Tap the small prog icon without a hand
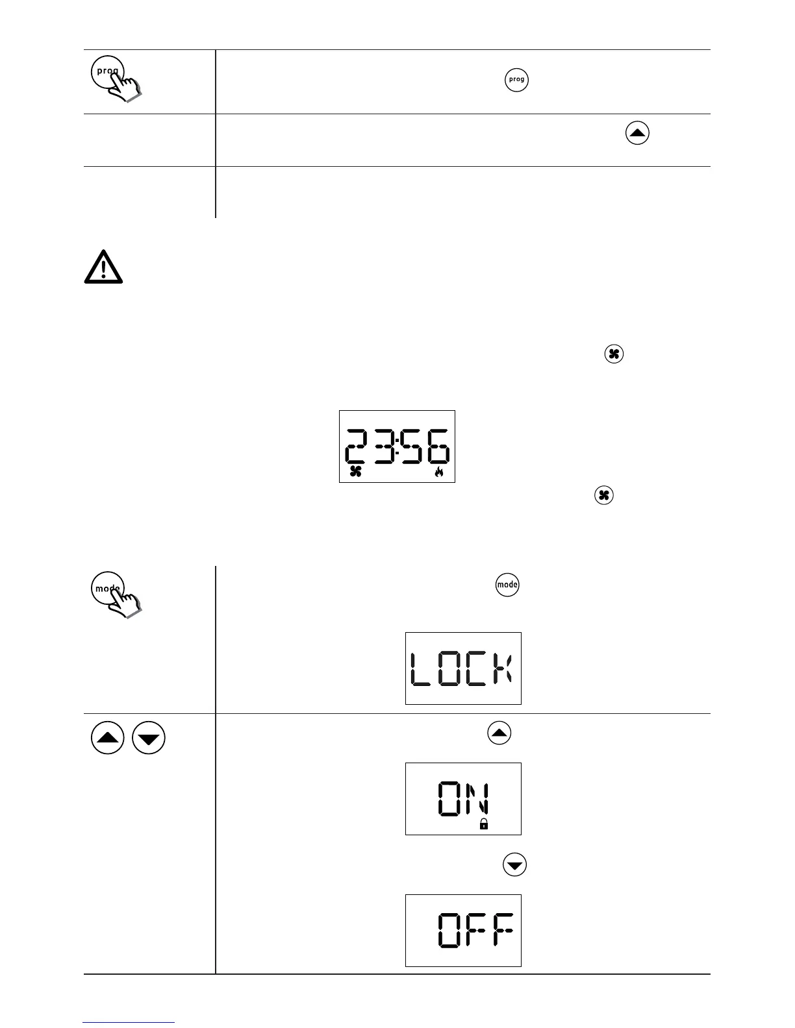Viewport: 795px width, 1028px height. [516, 80]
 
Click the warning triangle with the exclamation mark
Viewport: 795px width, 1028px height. [103, 267]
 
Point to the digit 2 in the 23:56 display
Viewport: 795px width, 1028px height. [357, 446]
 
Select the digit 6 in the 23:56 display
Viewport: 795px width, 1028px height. [437, 446]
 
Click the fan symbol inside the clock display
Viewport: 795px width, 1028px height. [355, 472]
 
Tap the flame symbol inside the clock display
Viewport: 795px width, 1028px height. [439, 472]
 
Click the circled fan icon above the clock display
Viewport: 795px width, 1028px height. [614, 354]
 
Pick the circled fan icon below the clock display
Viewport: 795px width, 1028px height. [603, 496]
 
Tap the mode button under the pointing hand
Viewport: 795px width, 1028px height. [106, 589]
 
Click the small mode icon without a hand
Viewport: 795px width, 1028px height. [507, 585]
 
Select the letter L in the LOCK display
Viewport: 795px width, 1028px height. [421, 669]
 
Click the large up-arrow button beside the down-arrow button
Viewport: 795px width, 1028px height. [108, 738]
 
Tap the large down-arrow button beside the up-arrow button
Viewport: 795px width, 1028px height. [149, 738]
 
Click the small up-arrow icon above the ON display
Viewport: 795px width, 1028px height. [499, 733]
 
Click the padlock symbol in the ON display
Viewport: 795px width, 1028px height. [483, 824]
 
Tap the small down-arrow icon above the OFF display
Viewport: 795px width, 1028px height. [515, 865]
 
